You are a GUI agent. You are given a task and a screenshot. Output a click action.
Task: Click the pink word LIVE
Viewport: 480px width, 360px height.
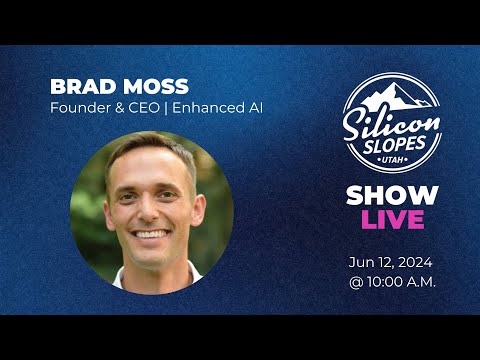coord(391,219)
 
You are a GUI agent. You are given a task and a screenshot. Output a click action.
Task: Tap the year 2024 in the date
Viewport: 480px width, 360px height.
coord(417,262)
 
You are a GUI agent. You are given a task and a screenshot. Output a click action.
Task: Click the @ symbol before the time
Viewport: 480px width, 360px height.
coord(356,281)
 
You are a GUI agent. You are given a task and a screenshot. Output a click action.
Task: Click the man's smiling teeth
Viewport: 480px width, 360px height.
coord(151,234)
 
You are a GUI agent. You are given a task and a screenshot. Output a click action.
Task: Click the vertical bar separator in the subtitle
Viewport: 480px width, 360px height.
coord(168,107)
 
